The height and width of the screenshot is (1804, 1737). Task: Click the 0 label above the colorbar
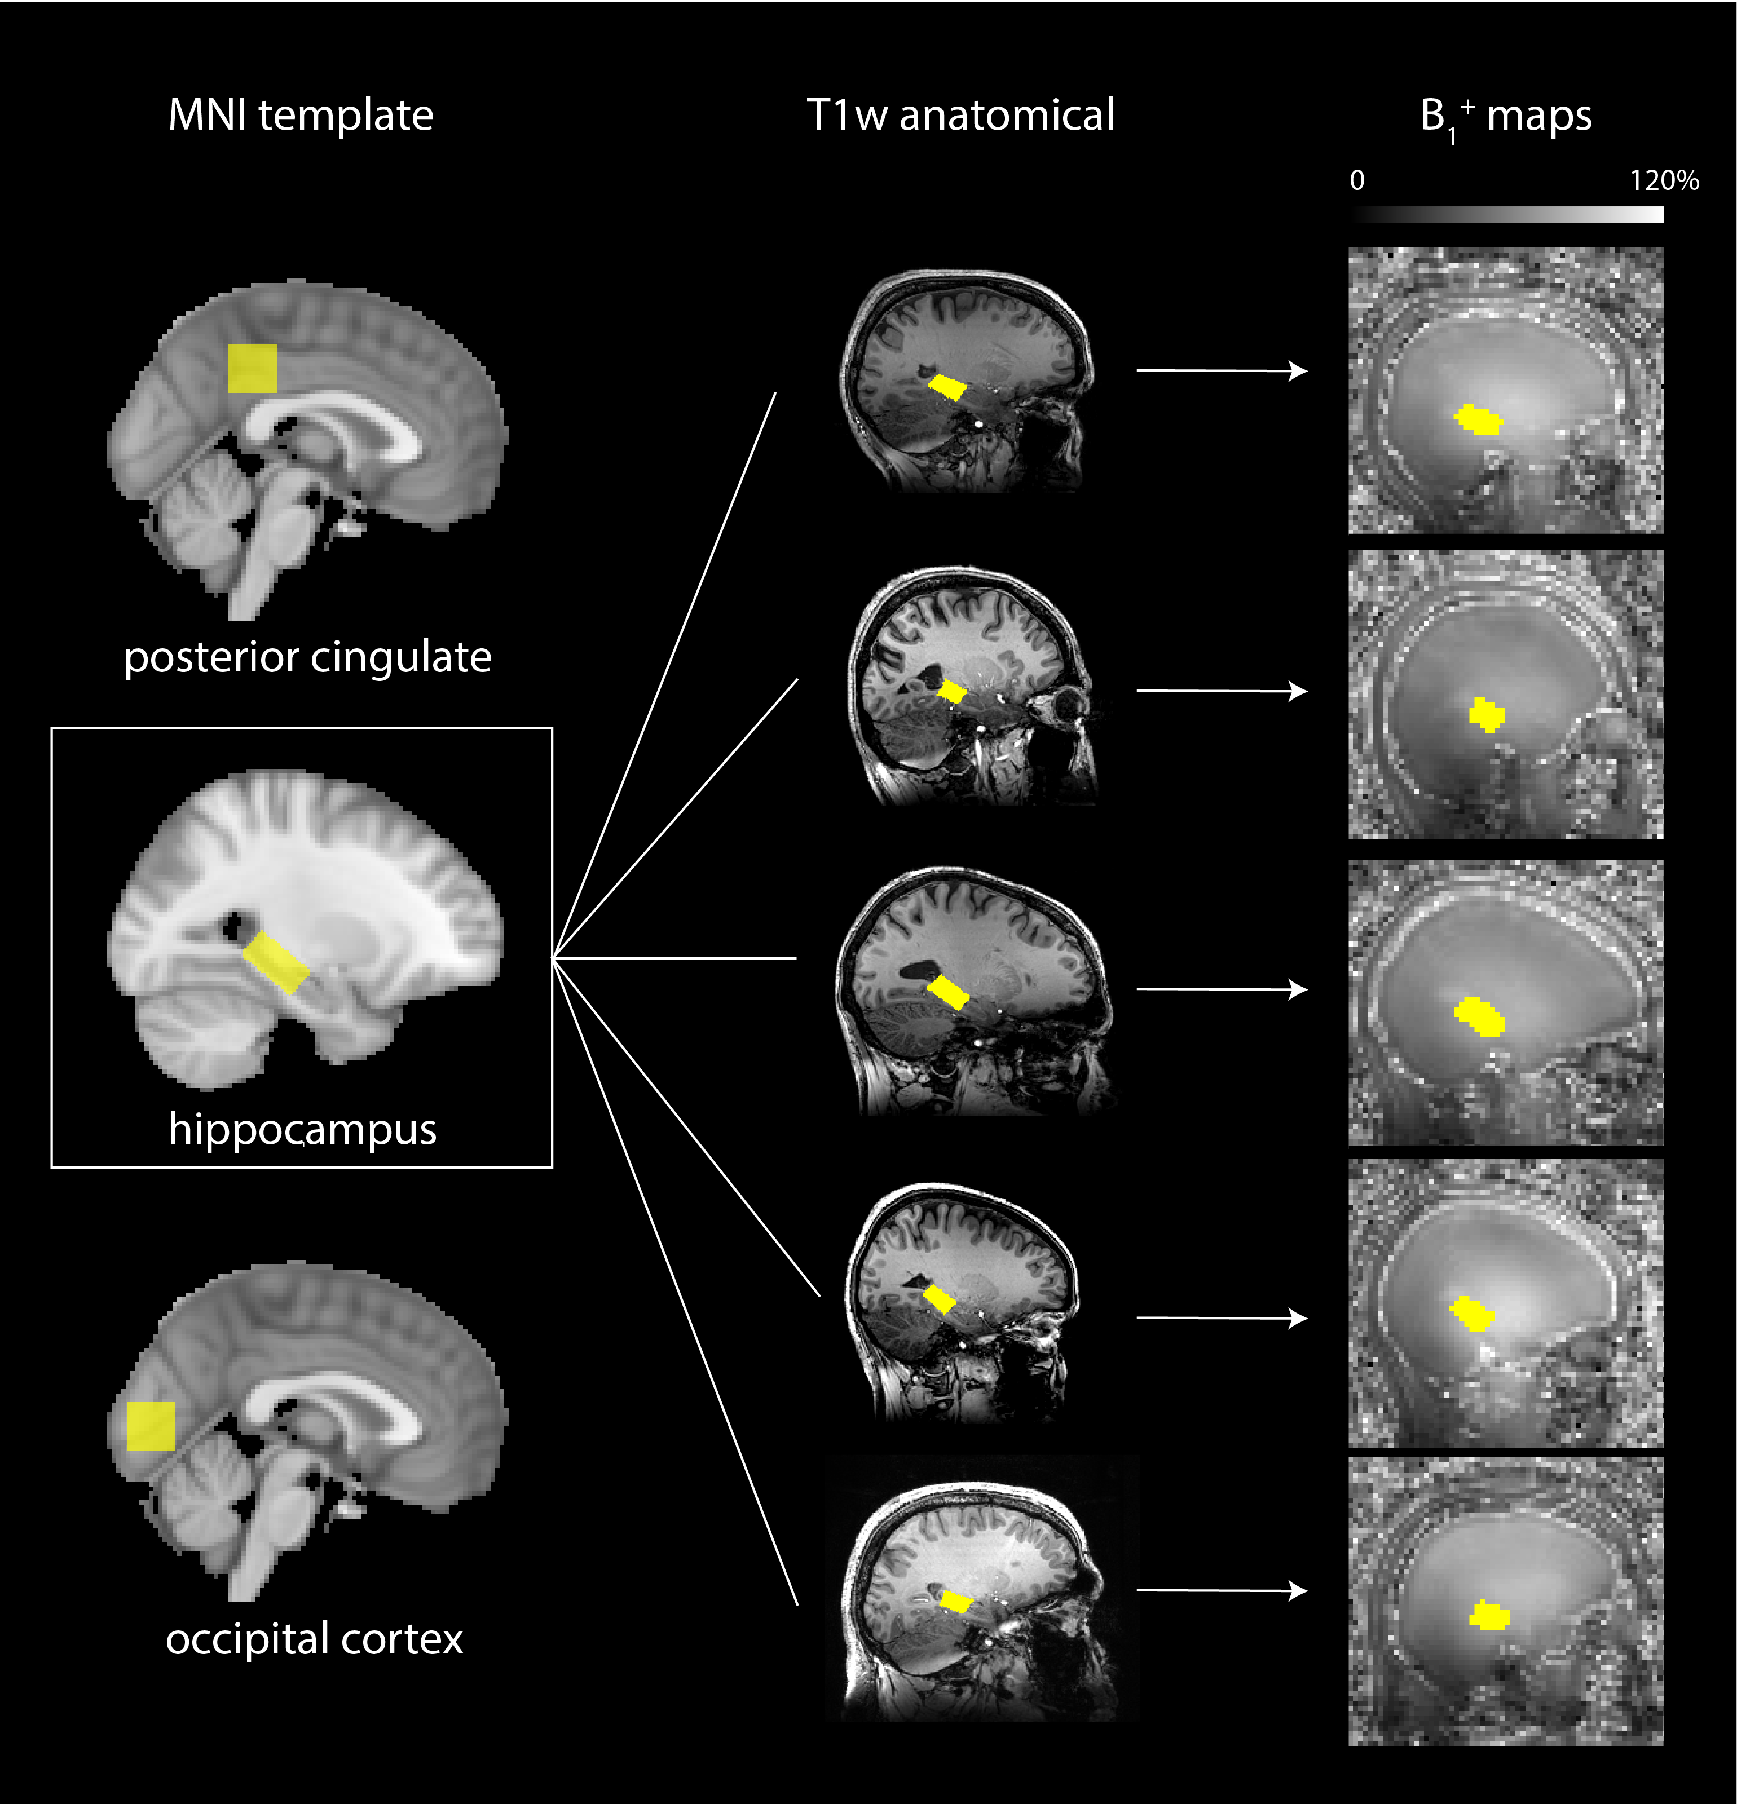(x=1357, y=180)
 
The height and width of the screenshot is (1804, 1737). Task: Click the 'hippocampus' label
(x=302, y=1129)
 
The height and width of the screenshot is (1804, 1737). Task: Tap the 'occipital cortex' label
(x=314, y=1638)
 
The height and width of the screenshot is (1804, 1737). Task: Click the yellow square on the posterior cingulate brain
(x=252, y=368)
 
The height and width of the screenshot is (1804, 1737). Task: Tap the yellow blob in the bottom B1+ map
(x=1489, y=1615)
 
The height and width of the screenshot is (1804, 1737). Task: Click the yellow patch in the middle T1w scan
(x=948, y=992)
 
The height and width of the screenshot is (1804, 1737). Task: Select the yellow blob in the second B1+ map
(x=1485, y=714)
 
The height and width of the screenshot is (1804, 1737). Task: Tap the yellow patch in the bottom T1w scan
(x=955, y=1602)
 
